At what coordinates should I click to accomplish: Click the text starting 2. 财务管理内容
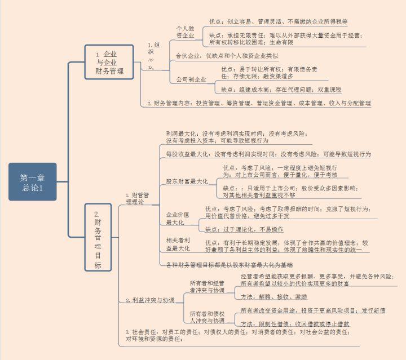259,104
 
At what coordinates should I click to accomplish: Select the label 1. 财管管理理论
138,198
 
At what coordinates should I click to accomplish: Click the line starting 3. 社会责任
236,335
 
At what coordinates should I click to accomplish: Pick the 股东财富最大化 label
187,181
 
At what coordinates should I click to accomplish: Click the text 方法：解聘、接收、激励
274,296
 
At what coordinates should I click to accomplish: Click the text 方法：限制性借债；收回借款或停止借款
295,324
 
